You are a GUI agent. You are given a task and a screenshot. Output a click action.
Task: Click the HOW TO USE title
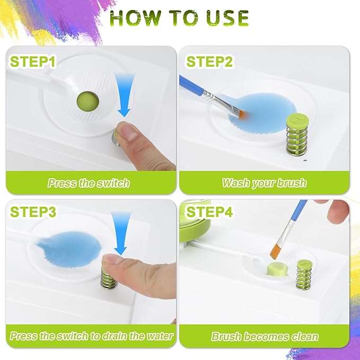click(179, 18)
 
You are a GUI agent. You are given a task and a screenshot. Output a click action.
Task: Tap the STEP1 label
click(33, 62)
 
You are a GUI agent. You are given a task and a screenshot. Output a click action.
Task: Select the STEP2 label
click(209, 62)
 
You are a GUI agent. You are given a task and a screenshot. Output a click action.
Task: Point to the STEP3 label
click(33, 212)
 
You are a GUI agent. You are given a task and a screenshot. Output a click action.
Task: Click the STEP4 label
click(209, 212)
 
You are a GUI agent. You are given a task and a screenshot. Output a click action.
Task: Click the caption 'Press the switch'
click(88, 183)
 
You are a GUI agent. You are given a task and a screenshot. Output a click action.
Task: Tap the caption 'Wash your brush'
click(264, 183)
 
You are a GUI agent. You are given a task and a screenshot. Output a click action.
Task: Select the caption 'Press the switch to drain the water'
click(91, 336)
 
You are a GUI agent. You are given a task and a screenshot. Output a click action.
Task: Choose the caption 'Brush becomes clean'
click(265, 336)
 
